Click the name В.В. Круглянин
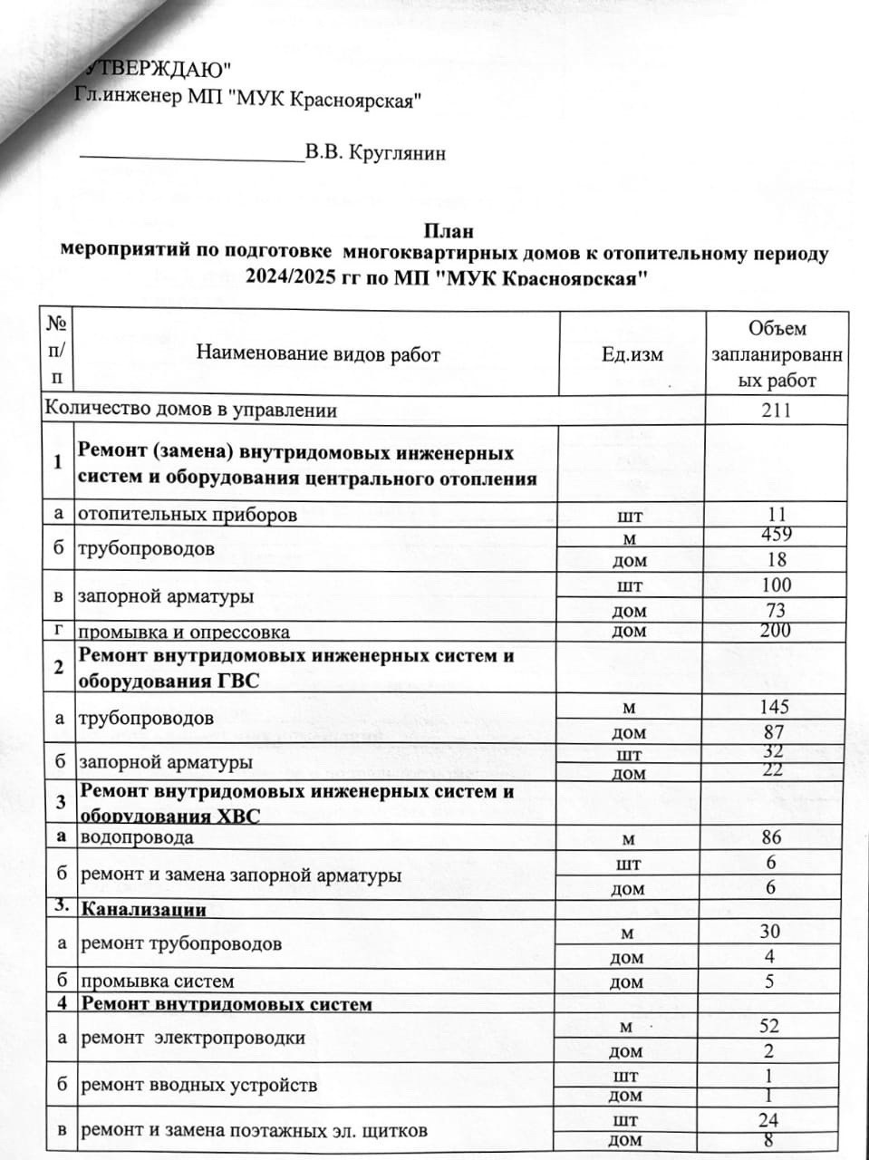[x=375, y=153]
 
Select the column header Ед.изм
[x=632, y=354]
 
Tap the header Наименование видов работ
[x=318, y=354]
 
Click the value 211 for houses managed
[x=777, y=411]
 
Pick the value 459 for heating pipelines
[x=777, y=535]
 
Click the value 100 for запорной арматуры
[x=777, y=585]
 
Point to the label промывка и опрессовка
[x=183, y=632]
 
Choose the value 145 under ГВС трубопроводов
[x=777, y=706]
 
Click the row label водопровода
[x=137, y=837]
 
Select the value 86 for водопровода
[x=771, y=837]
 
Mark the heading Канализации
[x=144, y=909]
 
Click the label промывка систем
[x=158, y=981]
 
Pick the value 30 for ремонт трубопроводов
[x=770, y=932]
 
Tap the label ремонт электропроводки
[x=193, y=1038]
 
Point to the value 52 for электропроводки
[x=769, y=1026]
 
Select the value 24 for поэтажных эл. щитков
[x=769, y=1120]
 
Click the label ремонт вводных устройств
[x=199, y=1085]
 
